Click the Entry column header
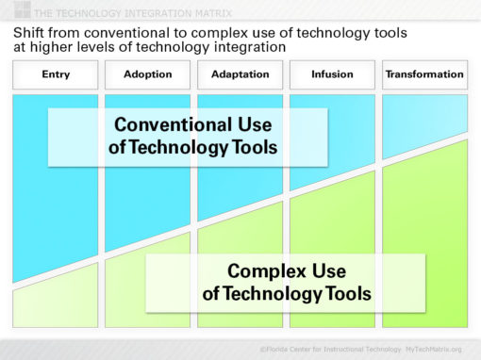point(56,74)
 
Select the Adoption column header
point(147,74)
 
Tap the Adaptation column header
point(240,74)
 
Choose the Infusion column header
point(332,74)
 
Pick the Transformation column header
point(424,74)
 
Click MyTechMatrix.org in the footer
point(435,349)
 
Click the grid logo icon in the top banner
point(18,10)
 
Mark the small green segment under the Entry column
point(55,306)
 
